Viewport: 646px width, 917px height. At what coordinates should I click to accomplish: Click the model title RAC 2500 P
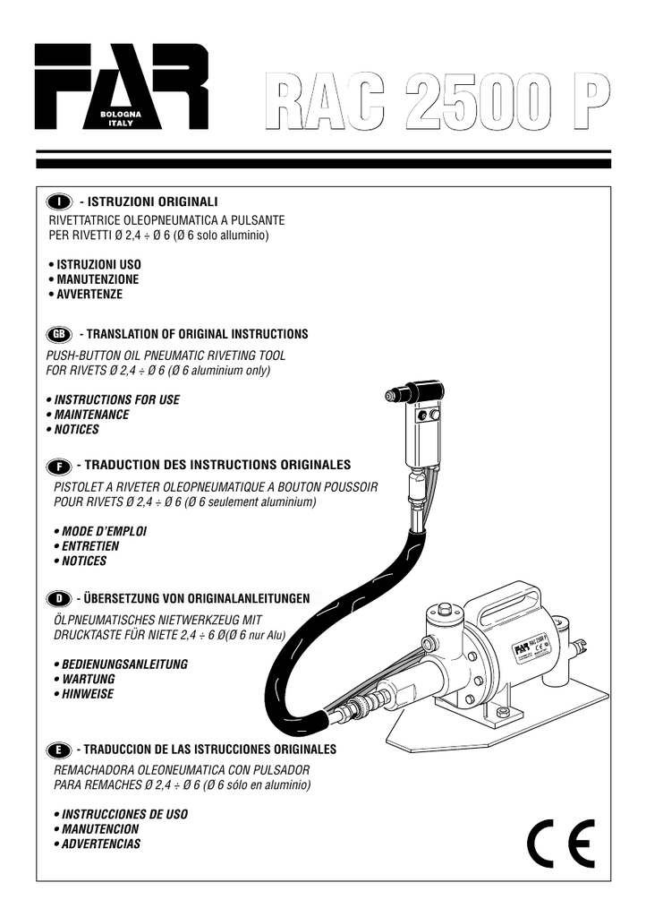coord(437,106)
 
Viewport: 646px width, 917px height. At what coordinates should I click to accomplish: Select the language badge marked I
coord(60,200)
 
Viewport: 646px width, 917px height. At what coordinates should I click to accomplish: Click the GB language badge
coord(59,334)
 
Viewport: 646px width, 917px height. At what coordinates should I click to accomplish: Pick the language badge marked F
coord(59,467)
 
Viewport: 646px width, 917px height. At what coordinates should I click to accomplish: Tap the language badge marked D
coord(59,598)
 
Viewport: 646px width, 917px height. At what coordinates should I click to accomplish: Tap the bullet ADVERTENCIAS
coord(100,844)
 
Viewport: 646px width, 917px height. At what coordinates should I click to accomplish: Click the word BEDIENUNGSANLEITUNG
coord(123,665)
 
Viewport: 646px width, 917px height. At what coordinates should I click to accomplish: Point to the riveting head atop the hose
coord(416,393)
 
